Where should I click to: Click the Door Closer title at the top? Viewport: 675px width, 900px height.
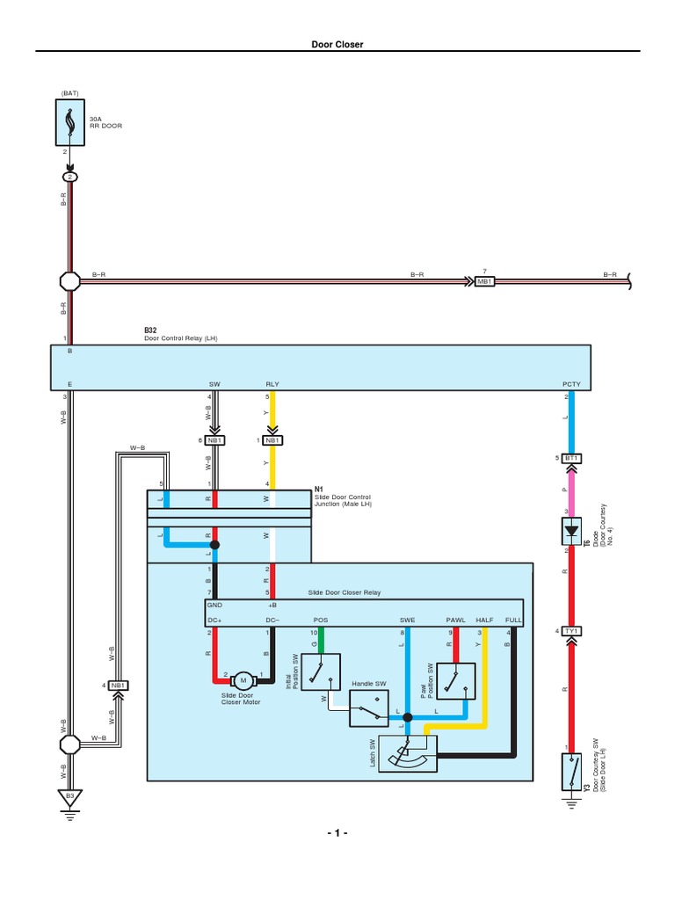[x=337, y=44]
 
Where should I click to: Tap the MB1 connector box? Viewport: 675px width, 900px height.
[x=484, y=281]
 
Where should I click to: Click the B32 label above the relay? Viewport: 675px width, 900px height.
[x=150, y=330]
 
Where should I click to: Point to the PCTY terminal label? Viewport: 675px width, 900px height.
[x=571, y=384]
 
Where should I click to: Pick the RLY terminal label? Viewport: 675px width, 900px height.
[x=272, y=384]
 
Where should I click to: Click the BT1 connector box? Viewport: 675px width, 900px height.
[x=571, y=458]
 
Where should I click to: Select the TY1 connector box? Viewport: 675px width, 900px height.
[x=571, y=631]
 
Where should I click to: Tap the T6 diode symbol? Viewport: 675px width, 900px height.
[x=571, y=530]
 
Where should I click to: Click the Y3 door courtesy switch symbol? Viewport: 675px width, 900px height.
[x=571, y=771]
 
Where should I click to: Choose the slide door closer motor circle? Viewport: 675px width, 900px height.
[x=242, y=680]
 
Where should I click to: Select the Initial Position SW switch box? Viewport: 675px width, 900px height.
[x=321, y=671]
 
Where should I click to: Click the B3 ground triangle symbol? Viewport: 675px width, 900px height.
[x=70, y=798]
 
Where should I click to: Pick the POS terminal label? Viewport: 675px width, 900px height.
[x=321, y=620]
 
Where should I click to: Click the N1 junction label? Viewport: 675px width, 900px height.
[x=319, y=489]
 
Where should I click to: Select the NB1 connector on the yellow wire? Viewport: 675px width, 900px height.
[x=272, y=440]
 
